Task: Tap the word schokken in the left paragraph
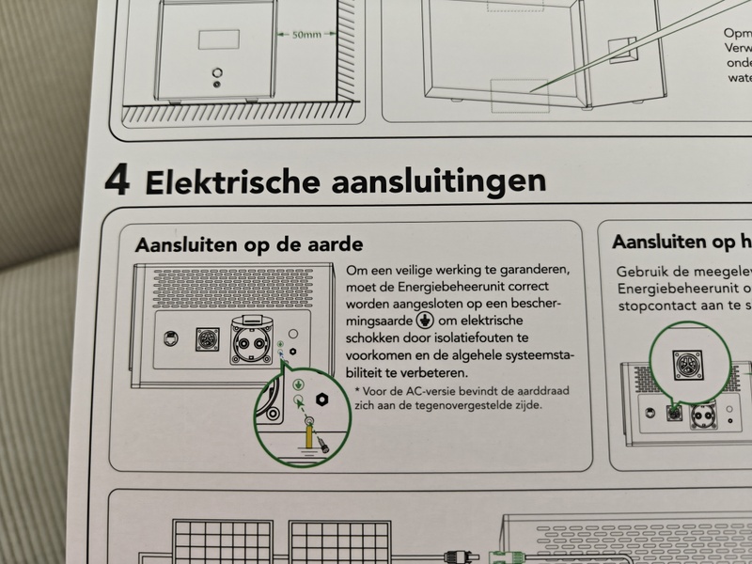pyautogui.click(x=375, y=336)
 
